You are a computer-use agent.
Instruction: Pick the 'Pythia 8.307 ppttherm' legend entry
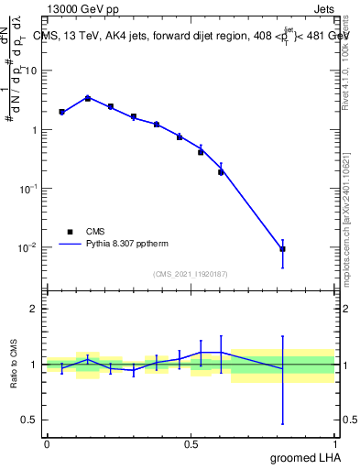pos(111,245)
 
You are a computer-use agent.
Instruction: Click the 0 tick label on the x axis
pos(47,443)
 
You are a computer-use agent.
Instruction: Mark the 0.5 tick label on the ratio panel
pos(30,420)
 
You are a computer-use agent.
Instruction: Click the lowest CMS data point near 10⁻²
pos(283,249)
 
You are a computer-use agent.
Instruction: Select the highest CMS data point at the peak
pos(88,98)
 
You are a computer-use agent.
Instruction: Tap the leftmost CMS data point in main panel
pos(61,112)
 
